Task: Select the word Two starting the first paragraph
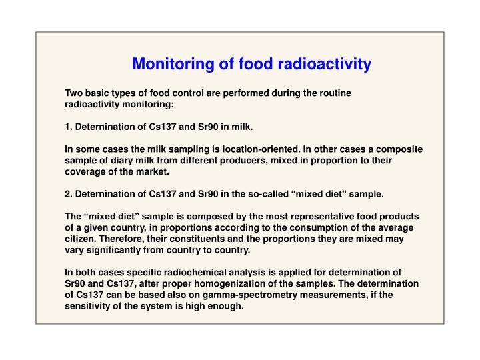(x=73, y=93)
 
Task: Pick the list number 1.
(x=67, y=126)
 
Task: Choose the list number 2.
(x=67, y=194)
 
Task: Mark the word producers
(x=249, y=161)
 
